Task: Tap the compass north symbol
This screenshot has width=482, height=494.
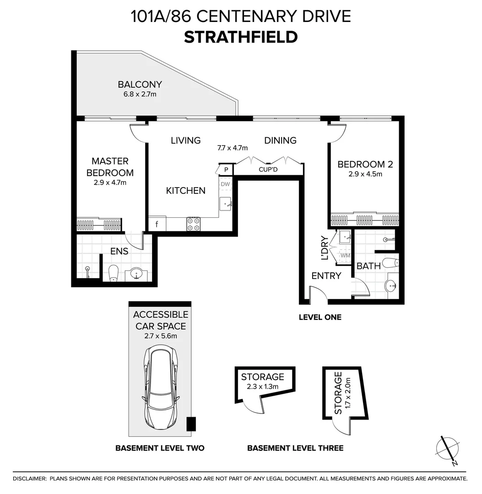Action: point(447,451)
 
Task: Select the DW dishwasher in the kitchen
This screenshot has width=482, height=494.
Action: point(225,184)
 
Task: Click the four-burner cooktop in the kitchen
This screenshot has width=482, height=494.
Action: point(194,224)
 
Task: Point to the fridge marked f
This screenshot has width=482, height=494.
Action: point(157,224)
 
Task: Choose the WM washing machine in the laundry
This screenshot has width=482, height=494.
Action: point(345,256)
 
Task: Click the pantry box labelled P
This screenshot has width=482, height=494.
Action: point(226,170)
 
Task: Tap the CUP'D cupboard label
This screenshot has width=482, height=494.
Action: point(268,170)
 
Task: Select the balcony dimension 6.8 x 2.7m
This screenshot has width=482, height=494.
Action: point(140,94)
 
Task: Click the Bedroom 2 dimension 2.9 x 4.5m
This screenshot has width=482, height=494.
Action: point(365,174)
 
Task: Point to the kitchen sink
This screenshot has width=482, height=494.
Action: point(226,204)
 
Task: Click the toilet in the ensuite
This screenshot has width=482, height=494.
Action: point(113,273)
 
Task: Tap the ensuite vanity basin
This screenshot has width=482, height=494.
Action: point(136,274)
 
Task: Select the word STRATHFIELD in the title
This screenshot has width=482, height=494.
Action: point(241,37)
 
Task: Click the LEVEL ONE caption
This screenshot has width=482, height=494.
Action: point(320,317)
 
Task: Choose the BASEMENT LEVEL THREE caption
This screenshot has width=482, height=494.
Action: point(295,448)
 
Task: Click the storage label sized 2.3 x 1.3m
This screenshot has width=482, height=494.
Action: point(263,386)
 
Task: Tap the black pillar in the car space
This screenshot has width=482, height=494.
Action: point(191,424)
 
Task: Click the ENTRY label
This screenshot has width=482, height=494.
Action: point(326,276)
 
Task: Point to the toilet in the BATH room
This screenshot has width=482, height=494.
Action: point(390,263)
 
